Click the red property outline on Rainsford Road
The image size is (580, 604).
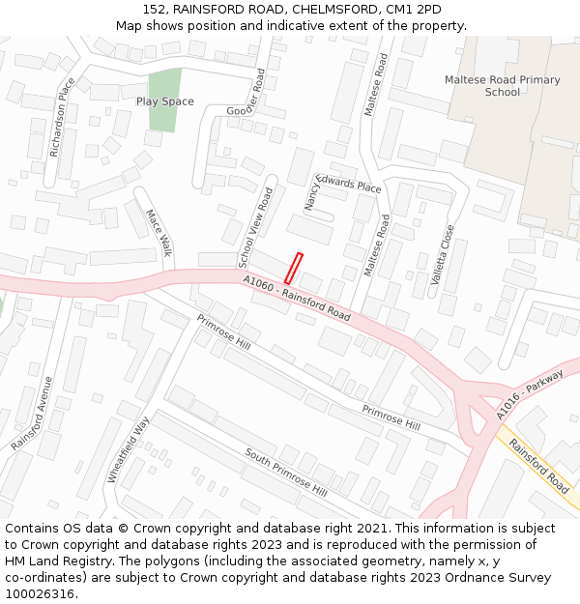pos(293,269)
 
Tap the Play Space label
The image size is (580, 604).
pos(164,101)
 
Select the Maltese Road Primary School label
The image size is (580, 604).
pos(502,86)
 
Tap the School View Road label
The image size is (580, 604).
pos(256,227)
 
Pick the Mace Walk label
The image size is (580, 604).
pos(158,233)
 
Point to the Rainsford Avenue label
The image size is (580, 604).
pos(32,413)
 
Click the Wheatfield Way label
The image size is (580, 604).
pos(130,448)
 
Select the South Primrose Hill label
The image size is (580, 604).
pos(285,471)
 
